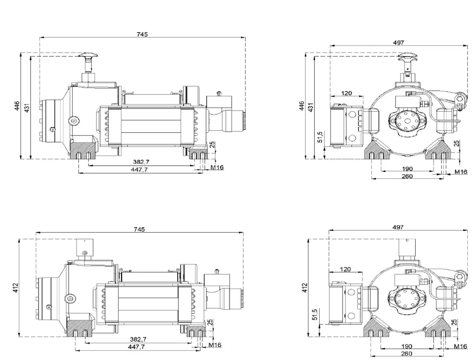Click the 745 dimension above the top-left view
click(x=142, y=34)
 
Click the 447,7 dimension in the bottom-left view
click(x=137, y=347)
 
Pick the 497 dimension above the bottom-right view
click(x=398, y=227)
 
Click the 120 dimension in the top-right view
click(x=346, y=93)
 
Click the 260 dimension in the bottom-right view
click(x=407, y=353)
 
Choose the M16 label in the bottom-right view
click(x=460, y=347)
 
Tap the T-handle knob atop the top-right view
click(x=407, y=57)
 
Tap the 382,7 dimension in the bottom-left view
click(x=139, y=339)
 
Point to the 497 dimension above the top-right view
click(x=399, y=43)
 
